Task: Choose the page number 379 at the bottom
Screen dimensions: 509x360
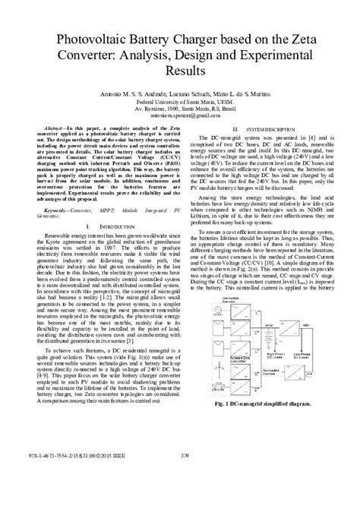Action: pos(179,498)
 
